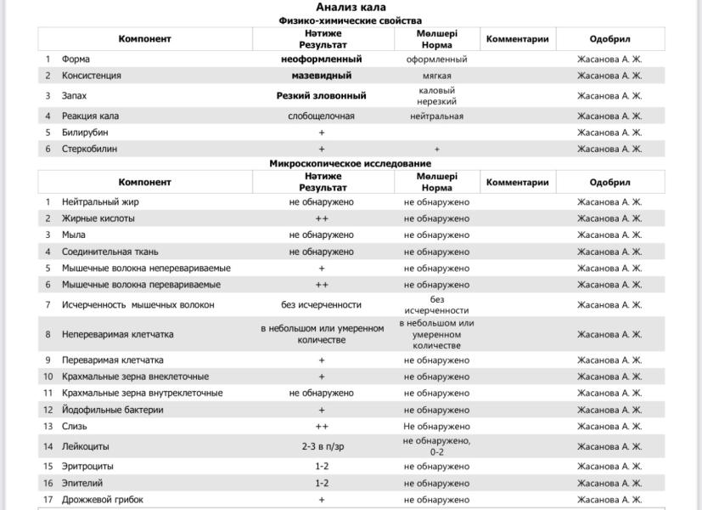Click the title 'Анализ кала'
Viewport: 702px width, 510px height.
tap(351, 8)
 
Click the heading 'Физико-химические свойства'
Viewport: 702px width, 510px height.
tap(351, 20)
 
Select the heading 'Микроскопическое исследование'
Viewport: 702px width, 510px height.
tap(351, 163)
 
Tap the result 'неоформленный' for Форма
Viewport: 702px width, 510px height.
tap(321, 59)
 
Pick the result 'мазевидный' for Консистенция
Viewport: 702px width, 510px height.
tap(321, 76)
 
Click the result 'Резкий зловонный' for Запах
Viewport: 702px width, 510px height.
tap(321, 96)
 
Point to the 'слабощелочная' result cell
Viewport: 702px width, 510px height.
tap(321, 116)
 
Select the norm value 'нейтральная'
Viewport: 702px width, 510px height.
tap(436, 116)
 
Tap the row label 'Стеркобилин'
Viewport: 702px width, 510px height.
tap(89, 149)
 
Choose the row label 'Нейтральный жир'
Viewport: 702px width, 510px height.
tap(100, 202)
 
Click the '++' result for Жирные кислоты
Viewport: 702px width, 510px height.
tap(321, 218)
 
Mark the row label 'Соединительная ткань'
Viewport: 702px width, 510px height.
tap(110, 252)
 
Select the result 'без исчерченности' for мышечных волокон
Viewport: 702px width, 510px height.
tap(321, 304)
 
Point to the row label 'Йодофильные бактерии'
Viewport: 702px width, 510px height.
tap(112, 410)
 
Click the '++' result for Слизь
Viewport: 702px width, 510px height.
tap(321, 427)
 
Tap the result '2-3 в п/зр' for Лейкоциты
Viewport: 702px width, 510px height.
tap(321, 446)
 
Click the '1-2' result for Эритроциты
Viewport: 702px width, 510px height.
tap(321, 467)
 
